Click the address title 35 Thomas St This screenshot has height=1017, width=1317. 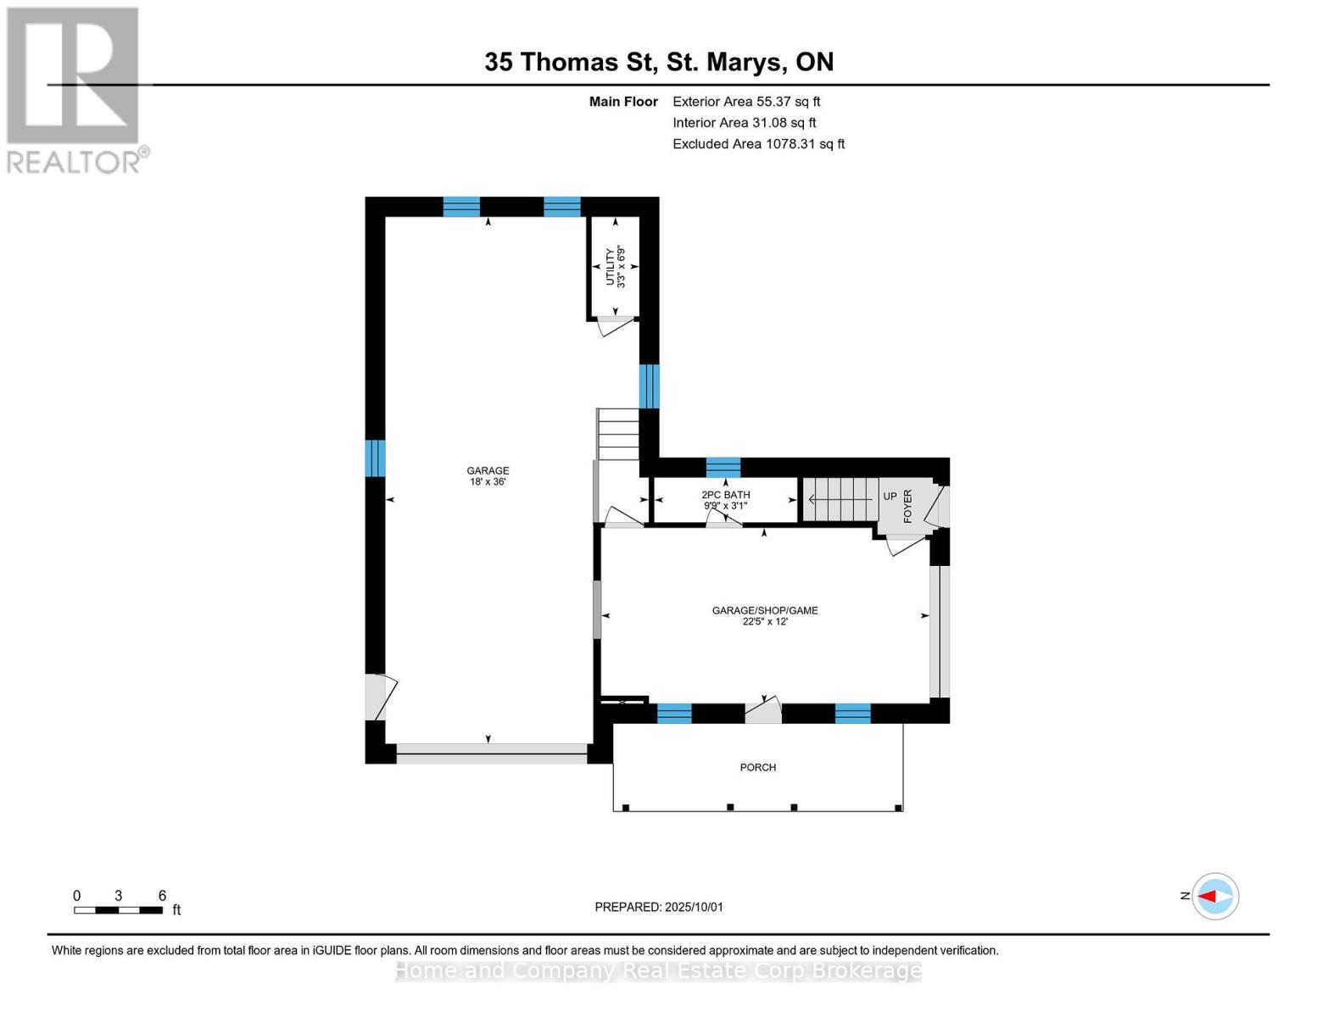pyautogui.click(x=659, y=62)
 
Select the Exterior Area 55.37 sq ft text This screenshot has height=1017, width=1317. pyautogui.click(x=746, y=102)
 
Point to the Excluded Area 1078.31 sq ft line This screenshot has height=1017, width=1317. pyautogui.click(x=758, y=144)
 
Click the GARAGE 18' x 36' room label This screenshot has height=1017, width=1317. pyautogui.click(x=488, y=476)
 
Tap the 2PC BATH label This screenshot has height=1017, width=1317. pyautogui.click(x=725, y=500)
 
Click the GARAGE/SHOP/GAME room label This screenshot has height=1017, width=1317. pyautogui.click(x=764, y=615)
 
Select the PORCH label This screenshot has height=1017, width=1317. pyautogui.click(x=757, y=768)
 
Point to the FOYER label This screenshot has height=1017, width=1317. pyautogui.click(x=907, y=506)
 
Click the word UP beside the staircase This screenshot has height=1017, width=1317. pyautogui.click(x=890, y=497)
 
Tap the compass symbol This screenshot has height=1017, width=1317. pyautogui.click(x=1215, y=896)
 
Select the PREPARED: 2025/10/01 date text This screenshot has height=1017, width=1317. pyautogui.click(x=659, y=907)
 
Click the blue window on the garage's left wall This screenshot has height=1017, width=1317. pyautogui.click(x=375, y=458)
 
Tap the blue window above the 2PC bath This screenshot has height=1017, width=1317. pyautogui.click(x=723, y=467)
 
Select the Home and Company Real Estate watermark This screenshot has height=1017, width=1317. pyautogui.click(x=659, y=970)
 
